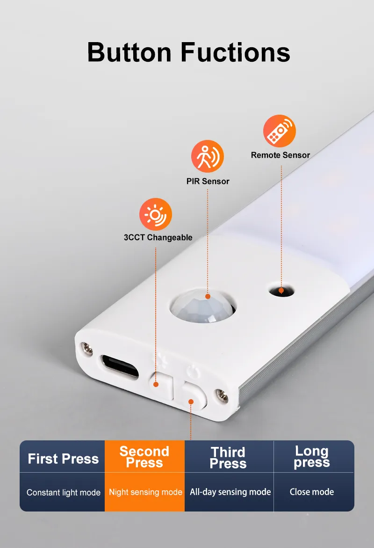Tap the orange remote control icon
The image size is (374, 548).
click(x=280, y=131)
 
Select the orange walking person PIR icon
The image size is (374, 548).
click(x=208, y=156)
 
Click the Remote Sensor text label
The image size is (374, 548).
click(x=280, y=155)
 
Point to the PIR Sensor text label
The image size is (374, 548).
click(x=208, y=181)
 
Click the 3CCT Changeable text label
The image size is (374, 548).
click(x=158, y=237)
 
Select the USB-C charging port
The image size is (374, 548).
click(x=120, y=366)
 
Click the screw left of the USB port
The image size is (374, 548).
click(x=87, y=348)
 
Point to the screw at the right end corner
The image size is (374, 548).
click(x=220, y=395)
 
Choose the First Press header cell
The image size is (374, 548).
click(x=63, y=458)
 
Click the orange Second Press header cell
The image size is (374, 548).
click(x=144, y=457)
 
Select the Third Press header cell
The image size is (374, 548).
click(x=228, y=458)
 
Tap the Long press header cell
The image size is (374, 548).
click(x=312, y=457)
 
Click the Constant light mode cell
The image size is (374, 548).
click(x=64, y=492)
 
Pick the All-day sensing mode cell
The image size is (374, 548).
click(x=230, y=492)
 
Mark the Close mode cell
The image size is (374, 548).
click(x=312, y=492)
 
